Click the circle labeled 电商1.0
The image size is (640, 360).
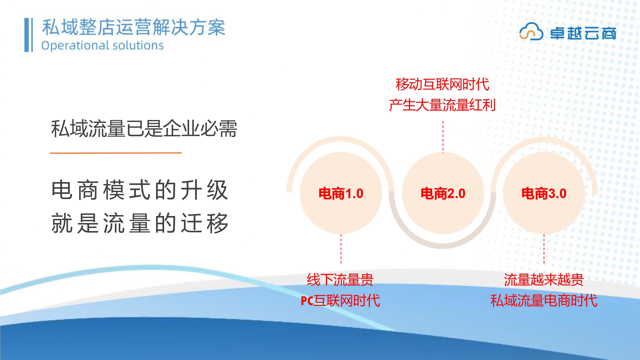coord(341,193)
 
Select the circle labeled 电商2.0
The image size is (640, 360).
coord(443,193)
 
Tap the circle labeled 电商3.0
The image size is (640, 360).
coord(544,193)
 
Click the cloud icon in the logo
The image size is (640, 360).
coord(531,31)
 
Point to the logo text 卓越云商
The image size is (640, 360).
coord(583,33)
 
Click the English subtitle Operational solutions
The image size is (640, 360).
coord(102,45)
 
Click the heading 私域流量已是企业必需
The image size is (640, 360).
coord(144,129)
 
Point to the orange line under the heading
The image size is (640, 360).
coord(116,153)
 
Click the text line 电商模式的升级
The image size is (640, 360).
coord(140,190)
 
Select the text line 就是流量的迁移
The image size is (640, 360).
coord(140,223)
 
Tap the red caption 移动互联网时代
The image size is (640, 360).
coord(443,84)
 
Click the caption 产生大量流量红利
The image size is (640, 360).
coord(443,105)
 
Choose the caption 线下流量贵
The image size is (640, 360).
coord(340,280)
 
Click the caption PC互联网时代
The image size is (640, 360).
coord(340,300)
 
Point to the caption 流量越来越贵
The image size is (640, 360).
coord(544,280)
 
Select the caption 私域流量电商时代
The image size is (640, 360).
coord(544,300)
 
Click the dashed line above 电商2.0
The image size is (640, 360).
coord(443,137)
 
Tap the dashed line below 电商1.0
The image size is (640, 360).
coord(341,249)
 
